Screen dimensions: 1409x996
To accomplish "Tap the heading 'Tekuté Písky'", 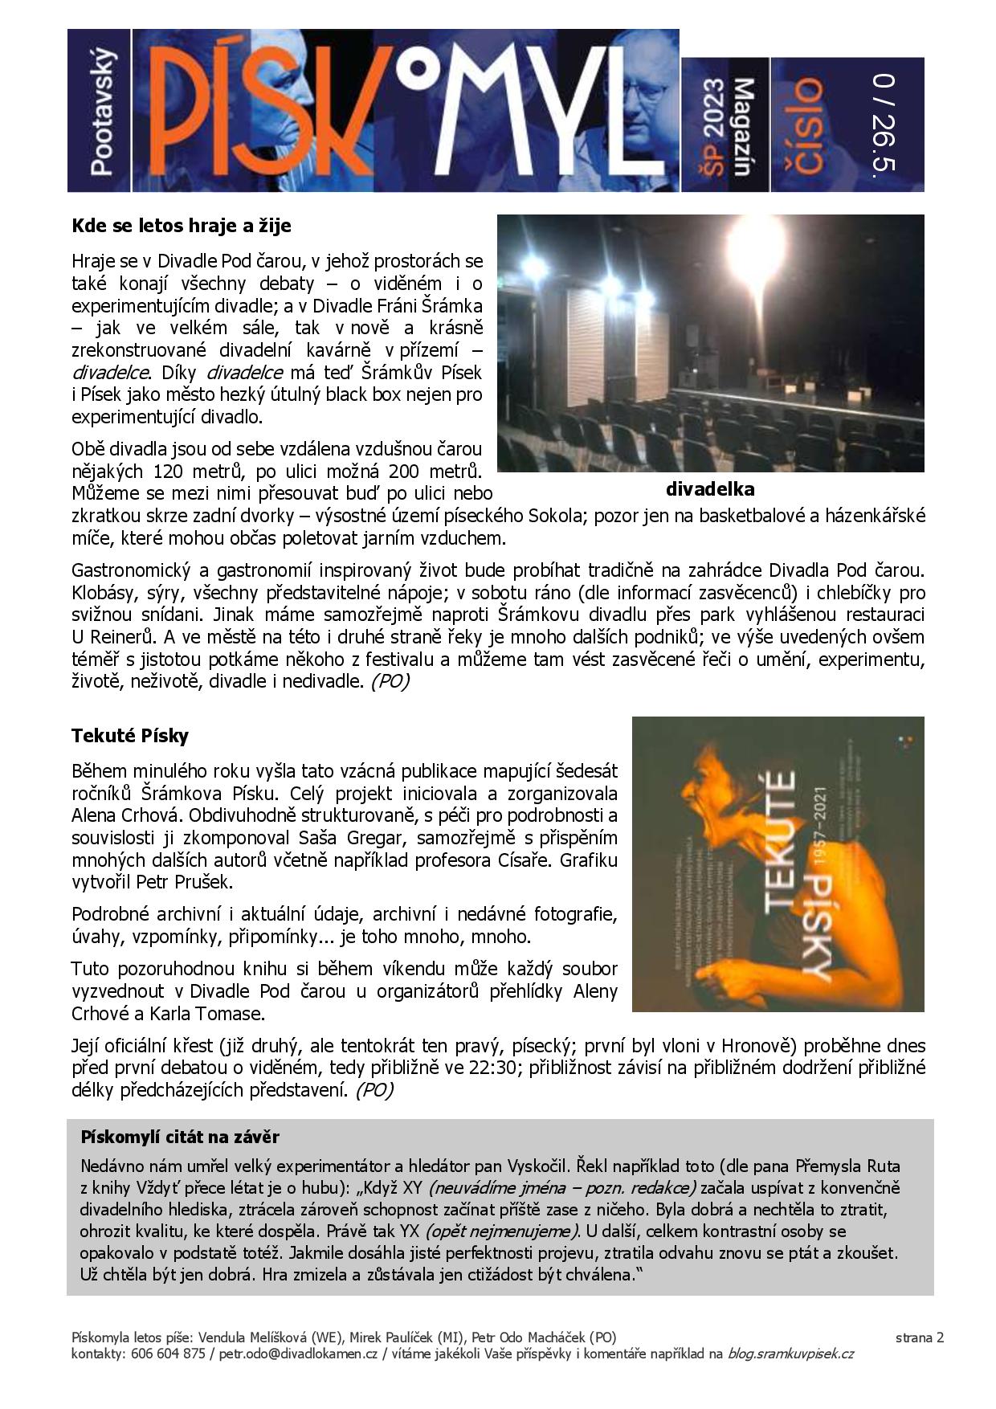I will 129,735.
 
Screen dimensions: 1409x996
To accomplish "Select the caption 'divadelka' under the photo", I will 710,488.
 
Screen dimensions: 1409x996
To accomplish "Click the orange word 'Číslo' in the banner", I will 809,125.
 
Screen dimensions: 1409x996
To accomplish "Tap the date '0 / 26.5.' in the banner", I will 884,122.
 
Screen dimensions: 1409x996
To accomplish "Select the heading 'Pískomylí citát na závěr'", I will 180,1137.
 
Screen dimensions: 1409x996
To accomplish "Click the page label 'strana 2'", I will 920,1338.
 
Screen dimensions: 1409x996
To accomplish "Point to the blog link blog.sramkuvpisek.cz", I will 790,1354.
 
